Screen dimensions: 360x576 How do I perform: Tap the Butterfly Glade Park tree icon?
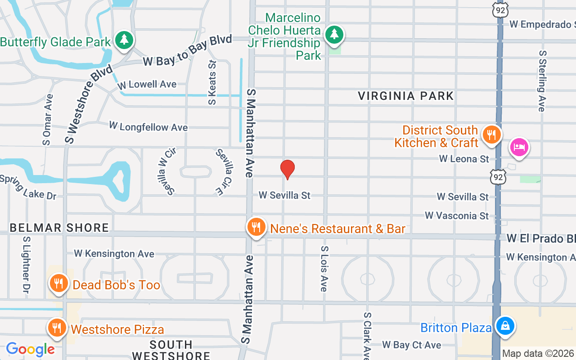coord(124,40)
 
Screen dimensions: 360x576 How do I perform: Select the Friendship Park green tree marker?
coord(333,35)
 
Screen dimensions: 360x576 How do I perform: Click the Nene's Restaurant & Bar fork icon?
coord(256,227)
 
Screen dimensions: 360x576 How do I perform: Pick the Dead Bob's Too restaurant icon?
coord(58,283)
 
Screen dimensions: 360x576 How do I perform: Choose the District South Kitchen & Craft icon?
coord(492,135)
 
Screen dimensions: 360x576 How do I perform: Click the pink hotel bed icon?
coord(519,147)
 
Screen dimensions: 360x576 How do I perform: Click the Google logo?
coord(30,349)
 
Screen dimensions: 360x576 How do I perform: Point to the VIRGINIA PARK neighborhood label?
coord(406,96)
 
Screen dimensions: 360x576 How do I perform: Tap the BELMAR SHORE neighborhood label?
coord(59,228)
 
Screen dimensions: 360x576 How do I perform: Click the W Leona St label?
coord(464,159)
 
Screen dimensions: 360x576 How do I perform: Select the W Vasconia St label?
coord(457,216)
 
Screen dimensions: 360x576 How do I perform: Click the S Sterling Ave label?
coord(542,81)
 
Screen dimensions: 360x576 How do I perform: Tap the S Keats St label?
coord(212,83)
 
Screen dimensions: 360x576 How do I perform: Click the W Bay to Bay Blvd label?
coord(187,50)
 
